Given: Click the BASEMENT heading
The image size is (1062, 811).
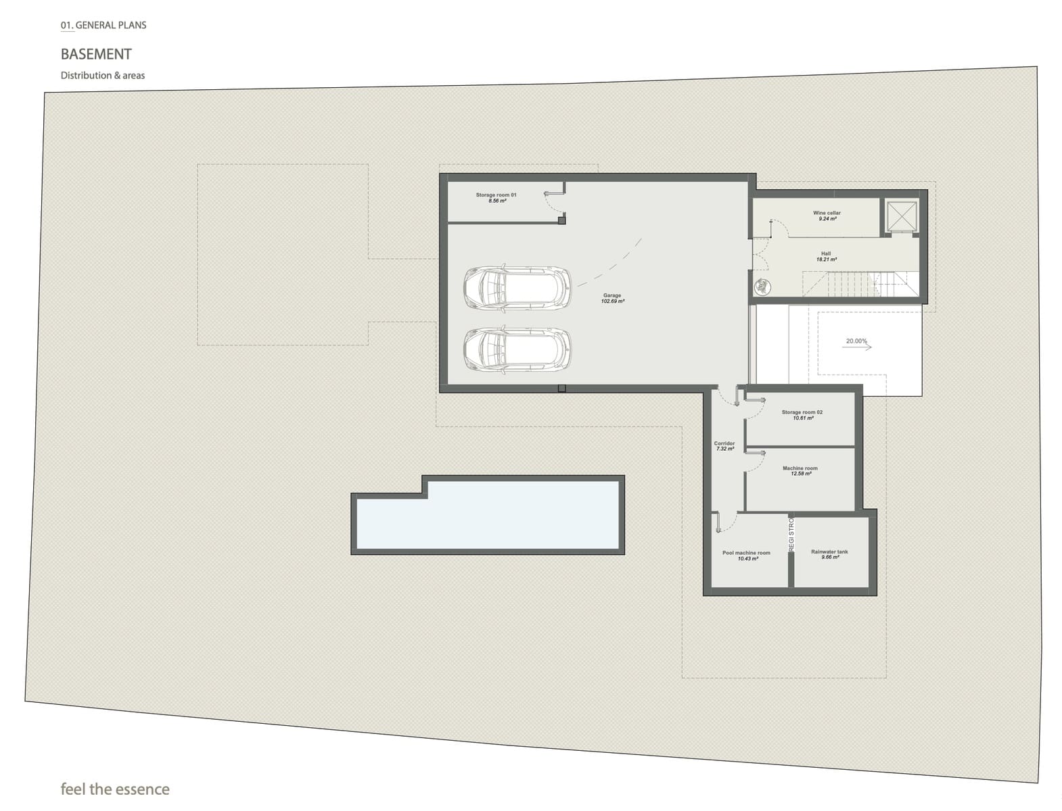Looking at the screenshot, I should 96,54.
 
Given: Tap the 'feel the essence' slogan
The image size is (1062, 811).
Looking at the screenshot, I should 115,789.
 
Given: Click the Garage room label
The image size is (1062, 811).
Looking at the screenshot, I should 612,295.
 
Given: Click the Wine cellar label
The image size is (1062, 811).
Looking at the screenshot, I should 827,213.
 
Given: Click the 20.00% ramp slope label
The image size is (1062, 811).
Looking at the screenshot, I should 856,341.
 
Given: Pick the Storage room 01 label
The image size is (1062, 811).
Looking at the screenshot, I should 496,195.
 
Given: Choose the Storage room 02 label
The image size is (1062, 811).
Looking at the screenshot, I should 802,412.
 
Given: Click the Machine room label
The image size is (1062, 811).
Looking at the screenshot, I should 800,468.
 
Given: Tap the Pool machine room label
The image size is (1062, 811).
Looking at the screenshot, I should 746,553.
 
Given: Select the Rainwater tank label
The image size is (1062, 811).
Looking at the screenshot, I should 829,551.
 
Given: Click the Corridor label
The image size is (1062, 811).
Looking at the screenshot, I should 724,443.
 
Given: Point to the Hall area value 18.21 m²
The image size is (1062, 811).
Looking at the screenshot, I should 826,260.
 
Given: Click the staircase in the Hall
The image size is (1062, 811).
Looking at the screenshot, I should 859,284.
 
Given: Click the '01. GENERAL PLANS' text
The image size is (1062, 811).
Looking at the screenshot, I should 103,25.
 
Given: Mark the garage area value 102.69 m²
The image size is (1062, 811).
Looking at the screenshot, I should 612,301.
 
